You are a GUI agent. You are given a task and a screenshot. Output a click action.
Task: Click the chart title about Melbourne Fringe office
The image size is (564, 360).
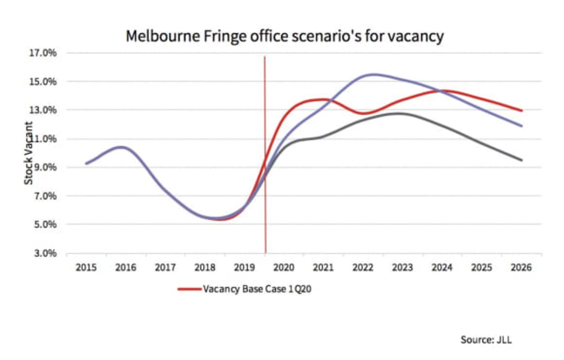(x=284, y=36)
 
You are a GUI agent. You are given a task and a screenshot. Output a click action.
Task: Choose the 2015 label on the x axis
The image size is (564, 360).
(x=86, y=268)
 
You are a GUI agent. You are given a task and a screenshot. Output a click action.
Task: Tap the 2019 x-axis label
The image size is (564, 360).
(x=245, y=268)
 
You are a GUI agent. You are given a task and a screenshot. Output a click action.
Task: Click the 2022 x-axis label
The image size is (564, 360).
(x=363, y=268)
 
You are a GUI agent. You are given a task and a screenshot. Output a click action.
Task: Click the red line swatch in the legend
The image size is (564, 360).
(x=189, y=288)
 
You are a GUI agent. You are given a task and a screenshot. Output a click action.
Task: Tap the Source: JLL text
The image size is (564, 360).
(x=486, y=340)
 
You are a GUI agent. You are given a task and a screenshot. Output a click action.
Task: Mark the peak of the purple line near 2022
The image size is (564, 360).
(x=373, y=74)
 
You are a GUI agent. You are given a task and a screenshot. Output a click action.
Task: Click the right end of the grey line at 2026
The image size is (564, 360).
(x=522, y=160)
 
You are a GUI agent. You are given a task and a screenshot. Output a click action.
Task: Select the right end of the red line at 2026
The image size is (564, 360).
(x=522, y=110)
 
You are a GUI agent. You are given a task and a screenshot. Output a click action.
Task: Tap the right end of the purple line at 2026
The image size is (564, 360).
(x=522, y=126)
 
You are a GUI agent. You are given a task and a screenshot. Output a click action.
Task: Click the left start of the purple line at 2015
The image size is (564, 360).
(x=86, y=163)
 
